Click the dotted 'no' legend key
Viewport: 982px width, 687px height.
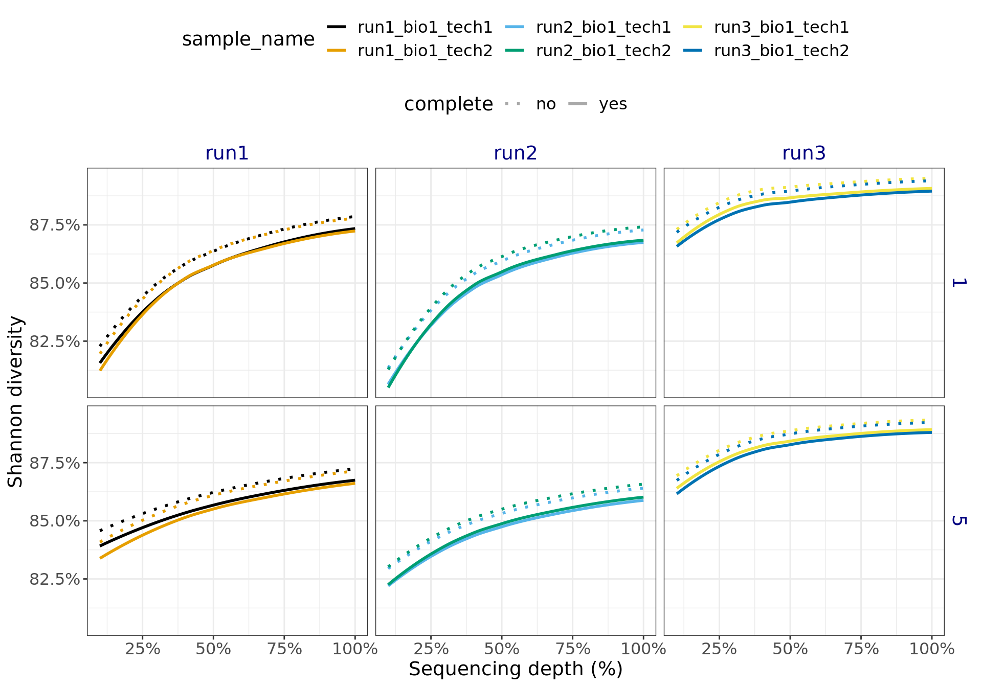coord(513,104)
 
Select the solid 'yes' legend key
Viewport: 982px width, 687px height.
coord(578,104)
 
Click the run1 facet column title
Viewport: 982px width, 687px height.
coord(227,153)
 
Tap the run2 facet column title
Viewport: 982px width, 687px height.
coord(516,153)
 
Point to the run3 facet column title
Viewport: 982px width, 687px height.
coord(804,153)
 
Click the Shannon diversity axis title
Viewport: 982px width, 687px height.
coord(15,401)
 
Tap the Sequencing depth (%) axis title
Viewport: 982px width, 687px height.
coord(516,669)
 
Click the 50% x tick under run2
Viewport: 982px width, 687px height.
coord(502,649)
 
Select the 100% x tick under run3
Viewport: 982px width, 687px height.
coord(931,649)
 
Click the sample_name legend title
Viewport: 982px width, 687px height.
coord(248,39)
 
